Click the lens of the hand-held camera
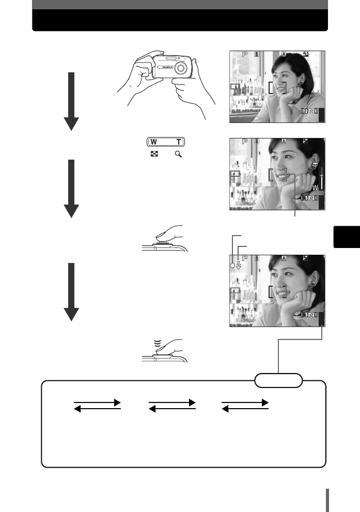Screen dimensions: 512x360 pos(180,68)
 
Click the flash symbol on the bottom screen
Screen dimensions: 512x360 pos(238,266)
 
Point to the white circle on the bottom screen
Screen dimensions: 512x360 pos(232,266)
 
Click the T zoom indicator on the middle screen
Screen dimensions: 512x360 pos(315,165)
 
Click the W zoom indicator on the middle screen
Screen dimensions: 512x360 pos(315,188)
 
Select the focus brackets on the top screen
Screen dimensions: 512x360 pos(277,86)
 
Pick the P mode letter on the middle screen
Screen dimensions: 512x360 pos(245,143)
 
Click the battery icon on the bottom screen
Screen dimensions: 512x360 pos(235,292)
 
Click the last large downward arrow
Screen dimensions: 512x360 pos(71,292)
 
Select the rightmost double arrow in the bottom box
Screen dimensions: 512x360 pos(245,405)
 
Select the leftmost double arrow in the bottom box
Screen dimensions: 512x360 pos(97,405)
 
